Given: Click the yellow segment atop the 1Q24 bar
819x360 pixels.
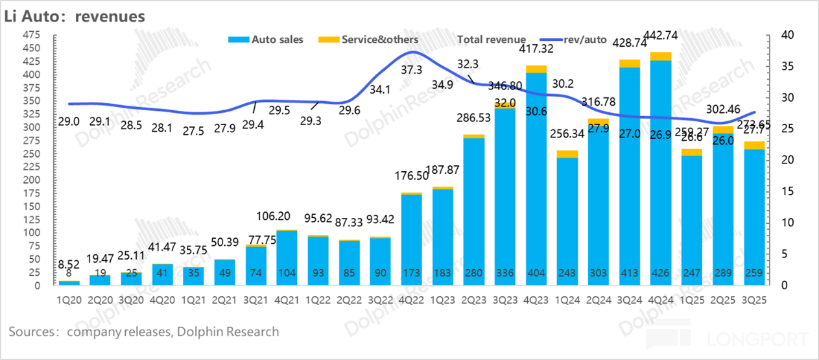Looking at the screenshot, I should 567,154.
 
